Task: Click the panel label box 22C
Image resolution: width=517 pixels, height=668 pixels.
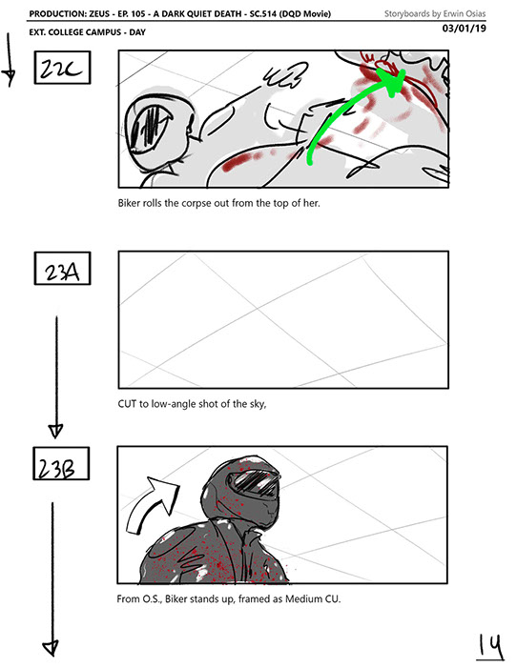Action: coord(62,68)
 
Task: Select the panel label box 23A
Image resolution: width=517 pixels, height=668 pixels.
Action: coord(62,269)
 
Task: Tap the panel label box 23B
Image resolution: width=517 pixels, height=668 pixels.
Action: coord(61,463)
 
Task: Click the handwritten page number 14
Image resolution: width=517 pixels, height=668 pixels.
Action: coord(489,647)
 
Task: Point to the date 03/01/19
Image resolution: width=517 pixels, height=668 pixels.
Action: coord(465,29)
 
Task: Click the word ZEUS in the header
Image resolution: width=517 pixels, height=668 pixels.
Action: coord(100,13)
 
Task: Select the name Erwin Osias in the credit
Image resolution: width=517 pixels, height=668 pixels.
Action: coord(465,13)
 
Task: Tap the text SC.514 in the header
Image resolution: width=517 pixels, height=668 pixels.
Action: coord(263,13)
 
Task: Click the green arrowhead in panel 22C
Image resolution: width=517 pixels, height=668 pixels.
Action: coord(394,82)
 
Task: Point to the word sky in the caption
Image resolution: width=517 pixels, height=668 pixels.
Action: coord(258,404)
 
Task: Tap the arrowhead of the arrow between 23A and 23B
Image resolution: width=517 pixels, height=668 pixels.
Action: coord(56,431)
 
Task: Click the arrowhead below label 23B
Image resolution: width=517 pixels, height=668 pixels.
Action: coord(51,648)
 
